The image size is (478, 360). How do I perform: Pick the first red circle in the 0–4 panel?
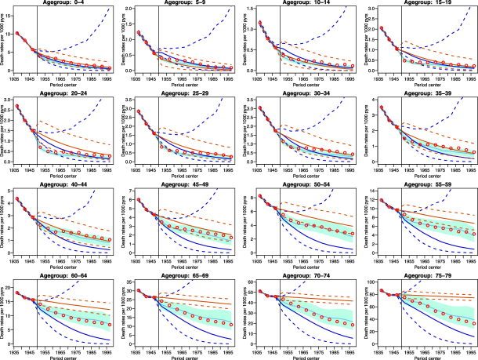pyautogui.click(x=16, y=33)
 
